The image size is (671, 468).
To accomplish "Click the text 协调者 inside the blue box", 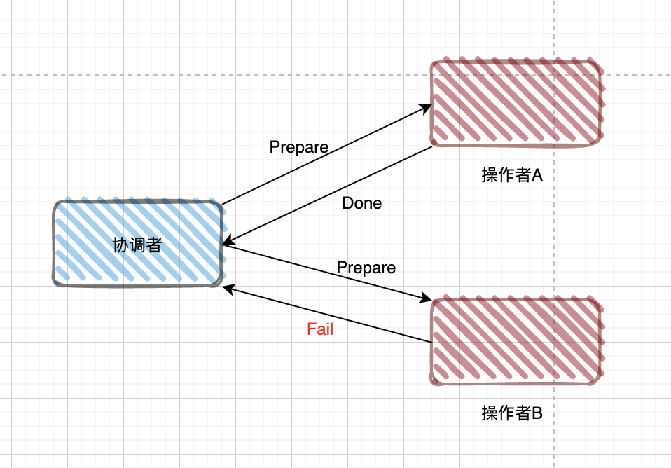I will pyautogui.click(x=137, y=245).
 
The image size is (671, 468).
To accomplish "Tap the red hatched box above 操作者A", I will pyautogui.click(x=516, y=103).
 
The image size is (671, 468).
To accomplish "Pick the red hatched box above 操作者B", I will pyautogui.click(x=516, y=341).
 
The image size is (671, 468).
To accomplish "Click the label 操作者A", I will pyautogui.click(x=512, y=175).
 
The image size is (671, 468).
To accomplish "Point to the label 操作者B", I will pyautogui.click(x=512, y=413).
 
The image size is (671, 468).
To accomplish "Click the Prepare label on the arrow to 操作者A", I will pyautogui.click(x=299, y=147).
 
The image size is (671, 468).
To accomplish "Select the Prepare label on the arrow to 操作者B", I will pyautogui.click(x=366, y=268).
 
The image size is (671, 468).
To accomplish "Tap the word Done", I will pyautogui.click(x=362, y=203).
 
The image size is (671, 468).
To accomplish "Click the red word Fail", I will pyautogui.click(x=320, y=329).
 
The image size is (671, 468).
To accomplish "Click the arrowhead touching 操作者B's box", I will pyautogui.click(x=426, y=300).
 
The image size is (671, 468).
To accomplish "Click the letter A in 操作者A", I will pyautogui.click(x=538, y=175).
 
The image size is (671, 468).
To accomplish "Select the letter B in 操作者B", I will pyautogui.click(x=538, y=413).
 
